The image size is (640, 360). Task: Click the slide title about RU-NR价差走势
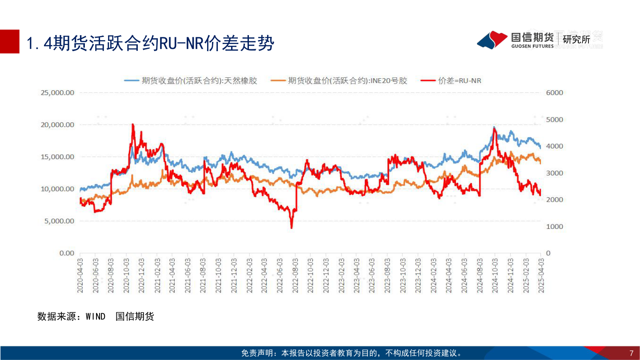tap(150, 44)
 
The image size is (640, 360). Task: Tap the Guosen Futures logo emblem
tap(492, 40)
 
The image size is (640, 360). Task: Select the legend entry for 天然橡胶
tap(191, 80)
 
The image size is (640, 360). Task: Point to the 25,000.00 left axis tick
tap(58, 93)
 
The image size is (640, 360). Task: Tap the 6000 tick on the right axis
tap(554, 93)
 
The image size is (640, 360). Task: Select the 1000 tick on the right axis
tap(554, 227)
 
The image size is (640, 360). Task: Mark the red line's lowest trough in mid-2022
tap(292, 228)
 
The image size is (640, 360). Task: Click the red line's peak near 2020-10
tap(133, 125)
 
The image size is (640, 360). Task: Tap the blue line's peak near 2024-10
tap(494, 128)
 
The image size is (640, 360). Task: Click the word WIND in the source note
tap(96, 316)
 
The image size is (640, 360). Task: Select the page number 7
tap(631, 353)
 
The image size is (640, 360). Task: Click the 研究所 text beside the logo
tap(576, 40)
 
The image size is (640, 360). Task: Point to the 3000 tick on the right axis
tap(554, 173)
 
